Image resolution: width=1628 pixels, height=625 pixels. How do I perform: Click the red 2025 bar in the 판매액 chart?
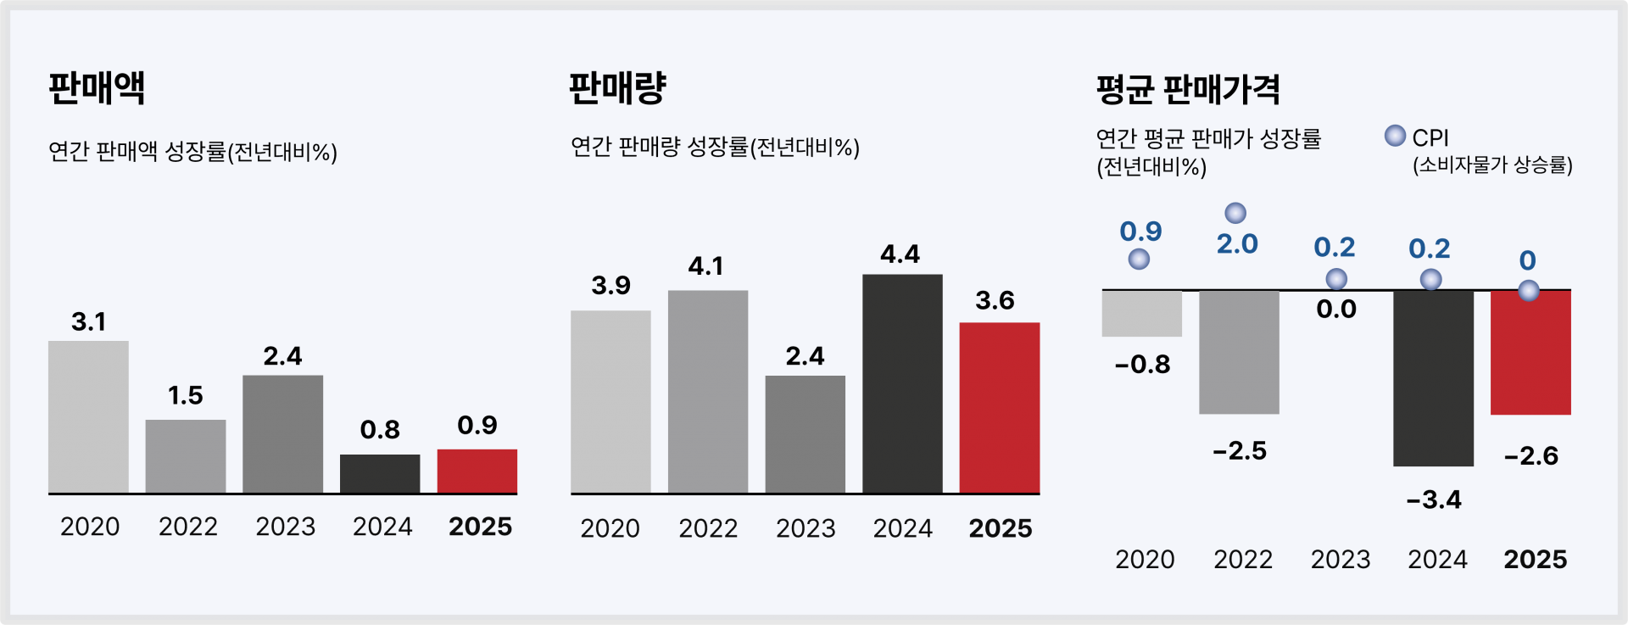[477, 472]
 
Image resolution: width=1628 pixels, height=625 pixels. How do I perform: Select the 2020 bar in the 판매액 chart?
[88, 417]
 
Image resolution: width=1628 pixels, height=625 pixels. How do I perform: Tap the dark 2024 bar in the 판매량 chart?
[902, 383]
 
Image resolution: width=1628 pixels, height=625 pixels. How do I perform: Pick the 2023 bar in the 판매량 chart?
[805, 434]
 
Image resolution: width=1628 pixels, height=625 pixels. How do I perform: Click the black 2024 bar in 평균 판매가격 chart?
[1433, 378]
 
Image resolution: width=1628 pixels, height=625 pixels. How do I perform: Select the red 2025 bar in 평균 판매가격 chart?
[1530, 353]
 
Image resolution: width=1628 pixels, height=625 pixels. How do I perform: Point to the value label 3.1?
[88, 322]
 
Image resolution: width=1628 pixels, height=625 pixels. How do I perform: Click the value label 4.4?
[900, 254]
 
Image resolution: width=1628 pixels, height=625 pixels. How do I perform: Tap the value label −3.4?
[1434, 499]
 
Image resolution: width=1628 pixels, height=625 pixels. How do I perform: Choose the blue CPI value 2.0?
[1237, 244]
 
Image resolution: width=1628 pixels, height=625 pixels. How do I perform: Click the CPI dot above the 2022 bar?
[1235, 213]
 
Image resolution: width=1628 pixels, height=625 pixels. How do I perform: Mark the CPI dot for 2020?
[1139, 259]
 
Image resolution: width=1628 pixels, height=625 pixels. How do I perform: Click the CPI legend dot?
[1395, 136]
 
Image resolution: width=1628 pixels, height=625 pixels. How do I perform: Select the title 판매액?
[97, 87]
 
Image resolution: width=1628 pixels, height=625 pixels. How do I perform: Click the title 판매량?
[617, 87]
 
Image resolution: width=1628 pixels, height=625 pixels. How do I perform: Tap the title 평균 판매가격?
[1188, 89]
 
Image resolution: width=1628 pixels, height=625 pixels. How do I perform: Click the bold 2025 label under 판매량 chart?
[1001, 528]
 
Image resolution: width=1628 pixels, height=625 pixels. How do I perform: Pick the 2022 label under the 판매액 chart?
[188, 527]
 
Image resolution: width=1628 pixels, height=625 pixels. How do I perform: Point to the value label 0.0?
[1336, 310]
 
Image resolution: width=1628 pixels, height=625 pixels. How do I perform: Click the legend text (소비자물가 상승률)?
[1492, 165]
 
